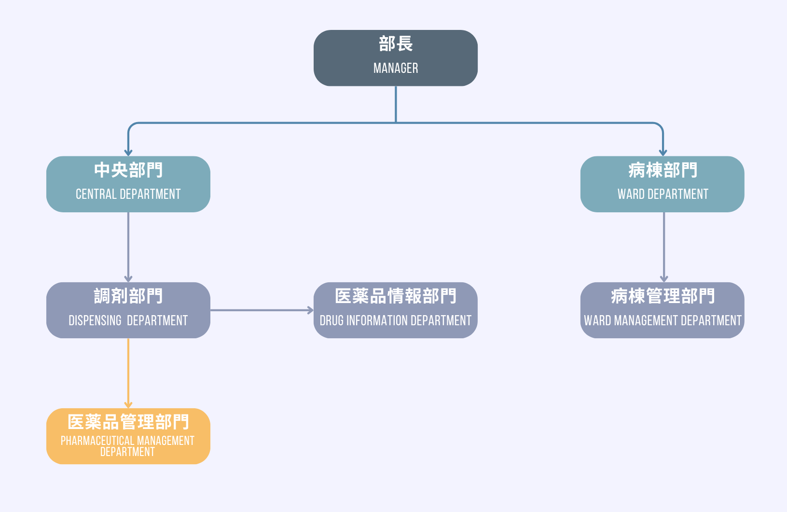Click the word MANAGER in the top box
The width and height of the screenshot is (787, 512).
point(396,69)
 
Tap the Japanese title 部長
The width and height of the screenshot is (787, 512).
point(396,44)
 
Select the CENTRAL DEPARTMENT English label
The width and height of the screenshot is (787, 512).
point(128,194)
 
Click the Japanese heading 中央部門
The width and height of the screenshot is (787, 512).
point(128,170)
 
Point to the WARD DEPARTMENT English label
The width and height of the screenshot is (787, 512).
point(663,194)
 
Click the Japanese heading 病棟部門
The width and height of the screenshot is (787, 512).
point(663,170)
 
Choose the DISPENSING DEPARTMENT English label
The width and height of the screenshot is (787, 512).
point(128,321)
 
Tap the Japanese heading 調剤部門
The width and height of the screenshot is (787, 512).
point(128,296)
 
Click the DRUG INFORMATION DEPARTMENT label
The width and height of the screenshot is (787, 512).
point(395,321)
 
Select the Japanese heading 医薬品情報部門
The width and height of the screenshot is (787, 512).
point(396,296)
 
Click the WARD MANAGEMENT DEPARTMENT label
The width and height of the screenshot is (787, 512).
point(663,321)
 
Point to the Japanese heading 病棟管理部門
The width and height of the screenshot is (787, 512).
point(663,296)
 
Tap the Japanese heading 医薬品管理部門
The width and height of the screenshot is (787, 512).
point(128,422)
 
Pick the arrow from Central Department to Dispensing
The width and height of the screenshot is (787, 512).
point(128,247)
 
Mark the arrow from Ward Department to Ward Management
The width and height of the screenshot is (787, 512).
point(664,247)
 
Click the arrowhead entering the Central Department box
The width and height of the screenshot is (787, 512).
point(128,152)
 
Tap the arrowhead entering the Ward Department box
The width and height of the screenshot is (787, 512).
point(663,152)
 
